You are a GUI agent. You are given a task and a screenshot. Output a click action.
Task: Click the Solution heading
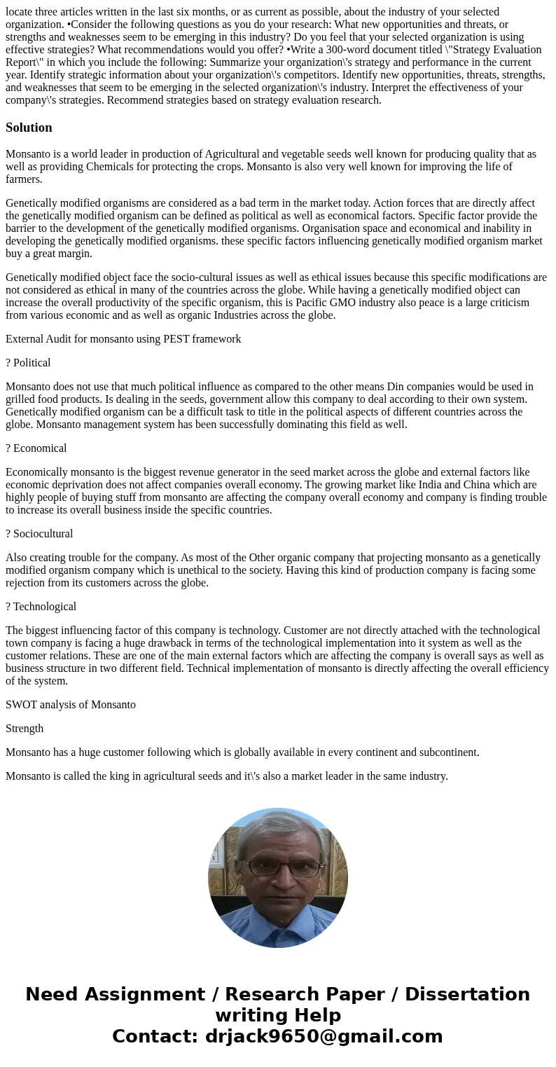pos(29,128)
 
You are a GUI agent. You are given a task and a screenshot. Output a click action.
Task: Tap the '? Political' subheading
pos(28,363)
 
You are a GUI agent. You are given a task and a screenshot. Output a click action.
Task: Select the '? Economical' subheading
pos(36,448)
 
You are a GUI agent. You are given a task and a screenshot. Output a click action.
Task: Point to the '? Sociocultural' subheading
pos(39,534)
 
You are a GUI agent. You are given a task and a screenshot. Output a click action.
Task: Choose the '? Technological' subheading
pos(41,607)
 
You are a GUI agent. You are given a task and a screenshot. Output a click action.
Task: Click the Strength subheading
pos(25,729)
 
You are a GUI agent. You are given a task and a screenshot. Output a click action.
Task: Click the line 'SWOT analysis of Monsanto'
pos(71,705)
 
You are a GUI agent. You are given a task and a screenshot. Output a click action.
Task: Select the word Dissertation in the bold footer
pos(467,995)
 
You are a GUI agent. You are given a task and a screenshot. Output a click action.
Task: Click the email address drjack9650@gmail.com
pos(324,1037)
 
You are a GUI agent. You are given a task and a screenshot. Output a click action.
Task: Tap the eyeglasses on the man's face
pos(278,867)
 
